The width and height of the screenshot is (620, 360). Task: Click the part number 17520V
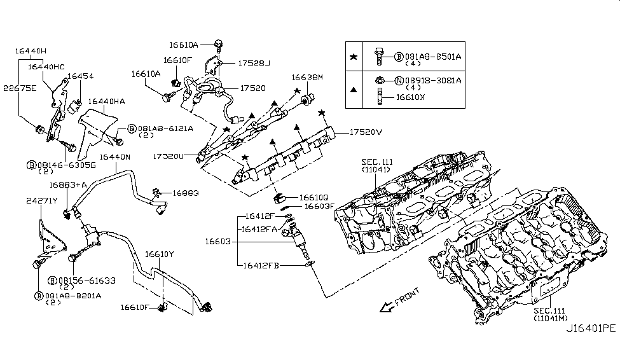click(366, 132)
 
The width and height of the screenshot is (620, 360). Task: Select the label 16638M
click(307, 78)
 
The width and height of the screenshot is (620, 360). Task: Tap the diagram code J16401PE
click(591, 328)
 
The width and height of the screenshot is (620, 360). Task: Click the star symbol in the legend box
click(354, 57)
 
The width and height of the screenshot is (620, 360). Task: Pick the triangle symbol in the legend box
click(354, 90)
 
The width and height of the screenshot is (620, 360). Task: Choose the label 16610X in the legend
click(410, 97)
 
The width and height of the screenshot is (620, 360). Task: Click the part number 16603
click(217, 241)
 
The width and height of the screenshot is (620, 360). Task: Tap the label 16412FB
click(261, 265)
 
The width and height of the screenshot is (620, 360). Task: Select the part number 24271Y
click(42, 201)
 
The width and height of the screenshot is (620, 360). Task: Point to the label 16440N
click(114, 157)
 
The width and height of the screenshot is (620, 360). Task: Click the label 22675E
click(19, 88)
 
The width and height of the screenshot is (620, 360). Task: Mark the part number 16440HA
click(106, 102)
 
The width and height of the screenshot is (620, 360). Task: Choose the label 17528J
click(254, 63)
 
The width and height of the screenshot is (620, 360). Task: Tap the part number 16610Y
click(159, 254)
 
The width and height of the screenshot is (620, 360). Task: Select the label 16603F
click(319, 206)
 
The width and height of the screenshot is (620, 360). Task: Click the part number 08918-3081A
click(433, 81)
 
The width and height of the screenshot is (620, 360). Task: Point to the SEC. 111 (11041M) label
click(550, 314)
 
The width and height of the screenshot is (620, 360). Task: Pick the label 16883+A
click(68, 184)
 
